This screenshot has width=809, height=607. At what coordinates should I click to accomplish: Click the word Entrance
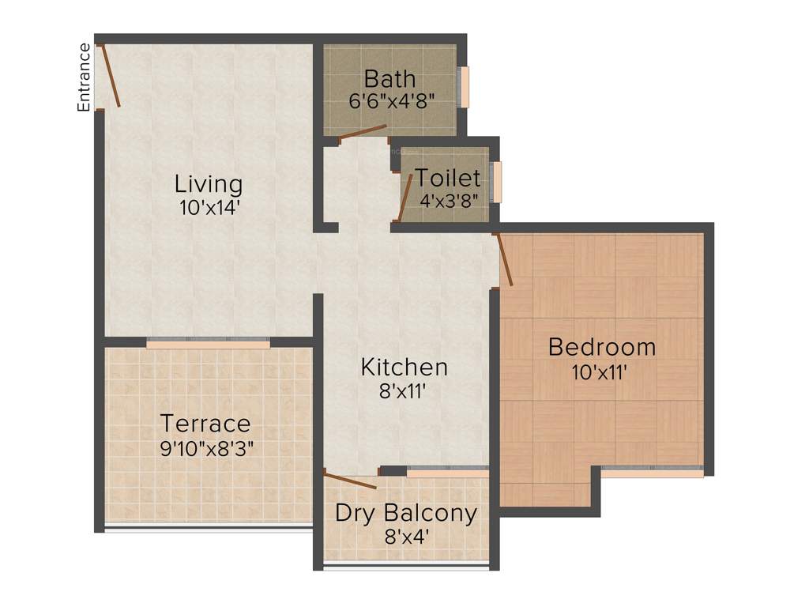(84, 77)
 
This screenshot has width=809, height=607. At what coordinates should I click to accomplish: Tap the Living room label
(209, 184)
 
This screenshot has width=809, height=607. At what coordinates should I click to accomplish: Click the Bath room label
(389, 79)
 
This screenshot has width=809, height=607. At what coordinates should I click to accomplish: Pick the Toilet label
(448, 178)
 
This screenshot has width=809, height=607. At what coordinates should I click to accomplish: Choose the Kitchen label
(404, 367)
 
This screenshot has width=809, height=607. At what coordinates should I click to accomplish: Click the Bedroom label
(602, 347)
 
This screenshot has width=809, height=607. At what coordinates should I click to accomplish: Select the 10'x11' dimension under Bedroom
(600, 371)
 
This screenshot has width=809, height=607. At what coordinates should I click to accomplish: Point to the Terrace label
(205, 424)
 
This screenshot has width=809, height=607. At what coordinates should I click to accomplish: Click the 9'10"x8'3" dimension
(207, 448)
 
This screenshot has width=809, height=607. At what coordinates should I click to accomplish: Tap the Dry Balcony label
(406, 513)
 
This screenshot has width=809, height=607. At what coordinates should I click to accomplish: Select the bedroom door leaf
(504, 259)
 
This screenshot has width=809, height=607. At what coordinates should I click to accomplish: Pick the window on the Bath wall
(465, 87)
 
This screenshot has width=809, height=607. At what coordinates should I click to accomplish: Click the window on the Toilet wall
(497, 181)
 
